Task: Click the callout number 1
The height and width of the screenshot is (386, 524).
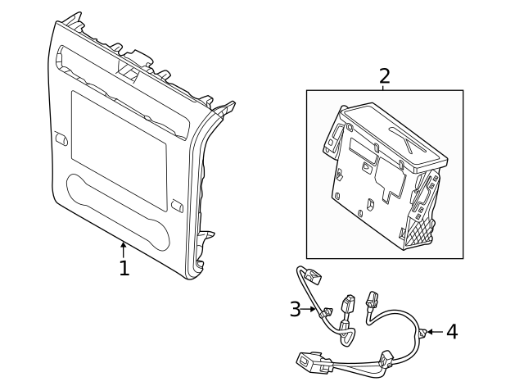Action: tap(124, 268)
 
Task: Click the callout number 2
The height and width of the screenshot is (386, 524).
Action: tap(384, 76)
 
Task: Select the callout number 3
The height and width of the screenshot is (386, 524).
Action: tap(296, 309)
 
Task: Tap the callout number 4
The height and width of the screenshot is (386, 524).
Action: tap(451, 332)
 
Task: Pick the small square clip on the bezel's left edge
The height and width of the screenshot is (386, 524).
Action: tap(61, 139)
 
